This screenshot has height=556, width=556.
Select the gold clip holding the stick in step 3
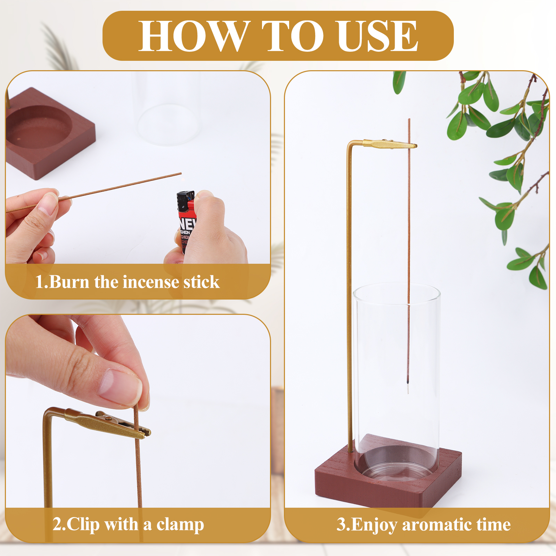pyautogui.click(x=390, y=144)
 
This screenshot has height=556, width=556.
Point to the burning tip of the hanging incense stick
pyautogui.click(x=408, y=383)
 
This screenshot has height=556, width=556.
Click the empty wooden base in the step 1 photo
pyautogui.click(x=49, y=134)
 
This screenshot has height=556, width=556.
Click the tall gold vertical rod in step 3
pyautogui.click(x=350, y=299)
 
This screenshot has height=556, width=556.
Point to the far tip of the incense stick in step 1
pyautogui.click(x=181, y=173)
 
